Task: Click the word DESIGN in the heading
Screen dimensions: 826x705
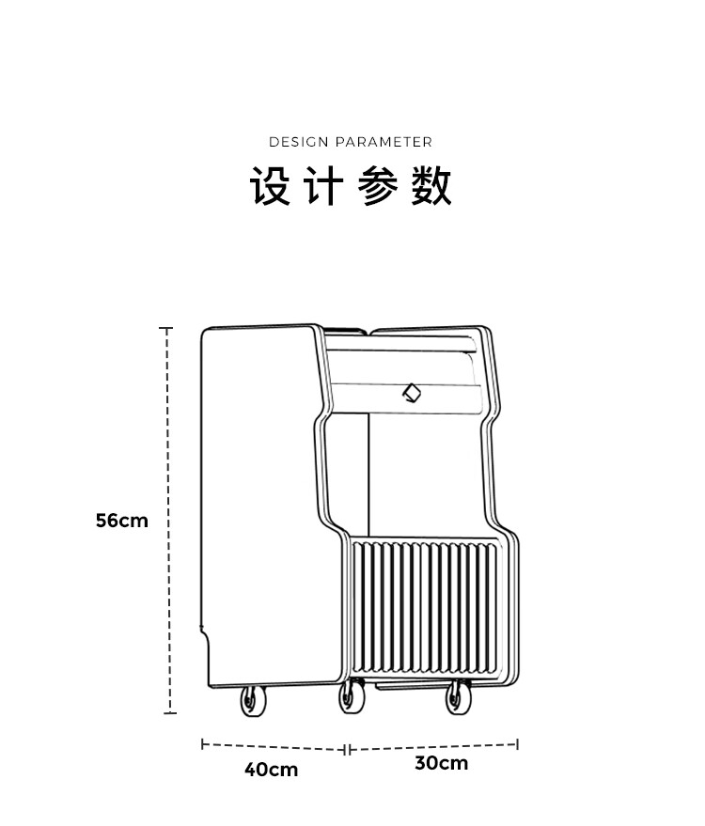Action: [x=298, y=142]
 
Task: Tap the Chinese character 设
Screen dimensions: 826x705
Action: [x=270, y=186]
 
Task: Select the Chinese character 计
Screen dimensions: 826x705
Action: [x=322, y=186]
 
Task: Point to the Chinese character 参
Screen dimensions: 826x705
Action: [x=378, y=186]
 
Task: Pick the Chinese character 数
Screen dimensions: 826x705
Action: [x=431, y=186]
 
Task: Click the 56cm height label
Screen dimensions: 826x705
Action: [x=121, y=520]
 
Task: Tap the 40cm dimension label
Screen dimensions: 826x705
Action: [x=271, y=770]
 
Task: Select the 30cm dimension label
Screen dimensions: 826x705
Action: [x=441, y=763]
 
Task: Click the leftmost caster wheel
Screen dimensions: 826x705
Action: [x=253, y=702]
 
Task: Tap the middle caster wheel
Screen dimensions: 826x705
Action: [x=352, y=698]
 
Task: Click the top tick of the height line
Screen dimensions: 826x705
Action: [x=166, y=329]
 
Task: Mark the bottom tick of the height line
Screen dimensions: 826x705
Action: [x=169, y=713]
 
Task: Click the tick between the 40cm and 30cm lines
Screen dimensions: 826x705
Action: [x=348, y=749]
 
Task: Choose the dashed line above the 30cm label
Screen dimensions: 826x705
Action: [x=432, y=747]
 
